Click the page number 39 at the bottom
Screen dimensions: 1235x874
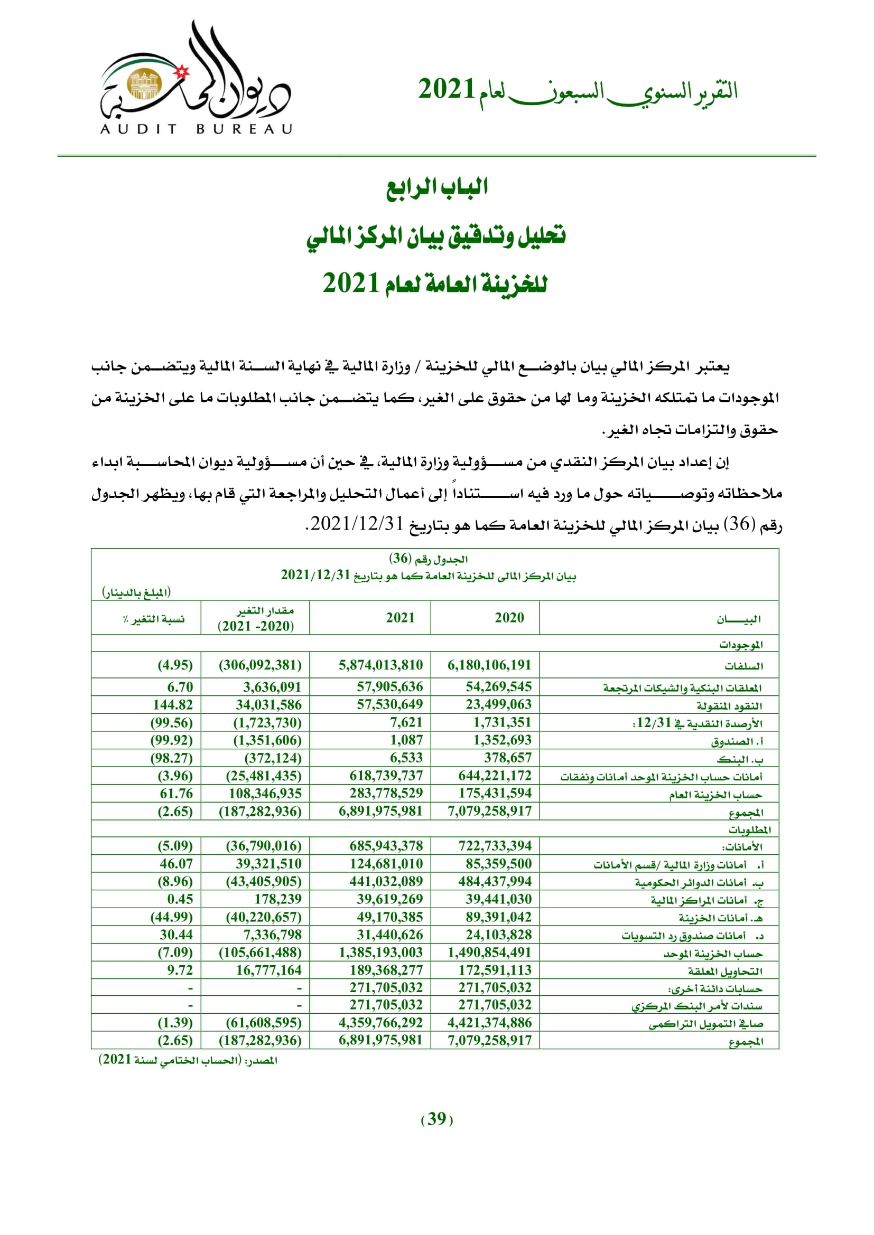point(436,1119)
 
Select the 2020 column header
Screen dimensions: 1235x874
point(509,618)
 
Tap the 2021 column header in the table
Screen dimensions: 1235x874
point(401,618)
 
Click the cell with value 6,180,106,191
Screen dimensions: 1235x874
point(489,665)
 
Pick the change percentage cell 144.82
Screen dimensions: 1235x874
point(173,705)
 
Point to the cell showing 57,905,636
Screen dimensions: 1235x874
point(389,687)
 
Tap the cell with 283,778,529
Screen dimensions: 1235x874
point(386,793)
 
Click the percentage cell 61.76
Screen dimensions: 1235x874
point(176,794)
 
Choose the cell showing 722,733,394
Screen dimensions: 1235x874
point(495,846)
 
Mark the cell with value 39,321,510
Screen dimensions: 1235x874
point(268,864)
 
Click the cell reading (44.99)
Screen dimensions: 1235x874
point(171,917)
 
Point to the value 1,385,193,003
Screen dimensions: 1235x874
point(380,953)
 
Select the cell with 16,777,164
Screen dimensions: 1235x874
point(268,970)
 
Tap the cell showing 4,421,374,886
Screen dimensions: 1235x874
point(489,1023)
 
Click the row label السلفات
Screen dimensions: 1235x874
point(743,666)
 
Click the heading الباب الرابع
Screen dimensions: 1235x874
point(436,187)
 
